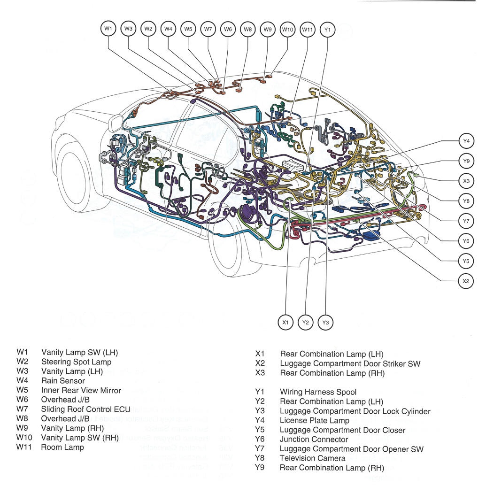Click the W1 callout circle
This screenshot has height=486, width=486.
[x=108, y=29]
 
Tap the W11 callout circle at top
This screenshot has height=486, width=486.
[x=307, y=29]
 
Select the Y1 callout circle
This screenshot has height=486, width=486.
[x=328, y=29]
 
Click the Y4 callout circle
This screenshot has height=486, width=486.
[x=466, y=141]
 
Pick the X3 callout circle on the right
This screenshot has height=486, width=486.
[x=466, y=181]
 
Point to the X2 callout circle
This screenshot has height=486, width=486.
[x=466, y=281]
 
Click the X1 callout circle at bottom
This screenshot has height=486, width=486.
[x=285, y=323]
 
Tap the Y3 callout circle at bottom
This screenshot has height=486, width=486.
[x=325, y=323]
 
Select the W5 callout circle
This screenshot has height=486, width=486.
[x=188, y=29]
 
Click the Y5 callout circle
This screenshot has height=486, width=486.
[x=466, y=261]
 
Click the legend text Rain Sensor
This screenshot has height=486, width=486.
[x=63, y=381]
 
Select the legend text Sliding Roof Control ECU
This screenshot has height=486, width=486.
[x=85, y=409]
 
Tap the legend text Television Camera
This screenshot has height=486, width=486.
[x=312, y=458]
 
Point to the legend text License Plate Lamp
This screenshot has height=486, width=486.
[x=314, y=420]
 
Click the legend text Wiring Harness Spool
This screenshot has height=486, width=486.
[x=318, y=392]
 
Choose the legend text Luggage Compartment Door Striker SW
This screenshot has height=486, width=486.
[x=350, y=363]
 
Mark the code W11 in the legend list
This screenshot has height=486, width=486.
[x=24, y=447]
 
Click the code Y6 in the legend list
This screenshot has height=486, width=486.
[x=260, y=440]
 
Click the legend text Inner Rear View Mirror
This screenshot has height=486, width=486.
[x=81, y=390]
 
